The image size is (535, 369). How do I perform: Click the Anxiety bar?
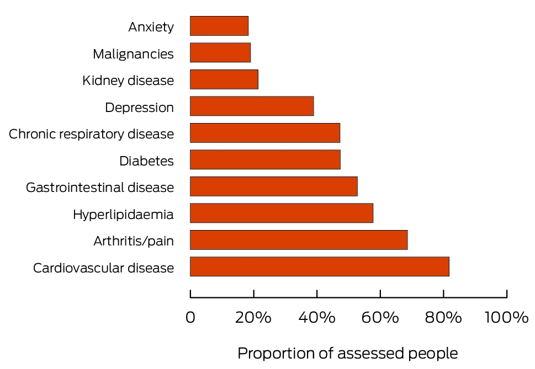(219, 26)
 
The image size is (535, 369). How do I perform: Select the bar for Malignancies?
(220, 52)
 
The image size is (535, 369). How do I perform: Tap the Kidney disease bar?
(224, 79)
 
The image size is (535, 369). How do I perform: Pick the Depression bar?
(252, 106)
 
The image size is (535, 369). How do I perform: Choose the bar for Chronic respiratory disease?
(265, 133)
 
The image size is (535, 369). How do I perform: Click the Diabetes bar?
(265, 159)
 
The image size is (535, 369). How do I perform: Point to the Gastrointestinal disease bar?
(274, 186)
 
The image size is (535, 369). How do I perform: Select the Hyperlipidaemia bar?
(282, 213)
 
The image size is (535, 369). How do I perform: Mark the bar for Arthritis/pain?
(299, 240)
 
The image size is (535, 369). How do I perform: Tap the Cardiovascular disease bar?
(320, 266)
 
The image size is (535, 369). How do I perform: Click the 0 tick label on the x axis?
(190, 318)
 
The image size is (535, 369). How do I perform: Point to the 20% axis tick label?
(253, 318)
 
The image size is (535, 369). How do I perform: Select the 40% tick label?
(317, 318)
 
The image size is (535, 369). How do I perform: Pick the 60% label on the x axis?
(380, 318)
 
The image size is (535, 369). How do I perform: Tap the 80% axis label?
(443, 318)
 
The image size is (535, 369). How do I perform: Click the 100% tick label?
(507, 318)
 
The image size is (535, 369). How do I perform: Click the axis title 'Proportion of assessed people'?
(348, 354)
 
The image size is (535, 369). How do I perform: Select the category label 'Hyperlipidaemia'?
(123, 215)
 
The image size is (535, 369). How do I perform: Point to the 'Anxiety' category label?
(151, 27)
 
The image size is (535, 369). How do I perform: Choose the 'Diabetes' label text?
(147, 161)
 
